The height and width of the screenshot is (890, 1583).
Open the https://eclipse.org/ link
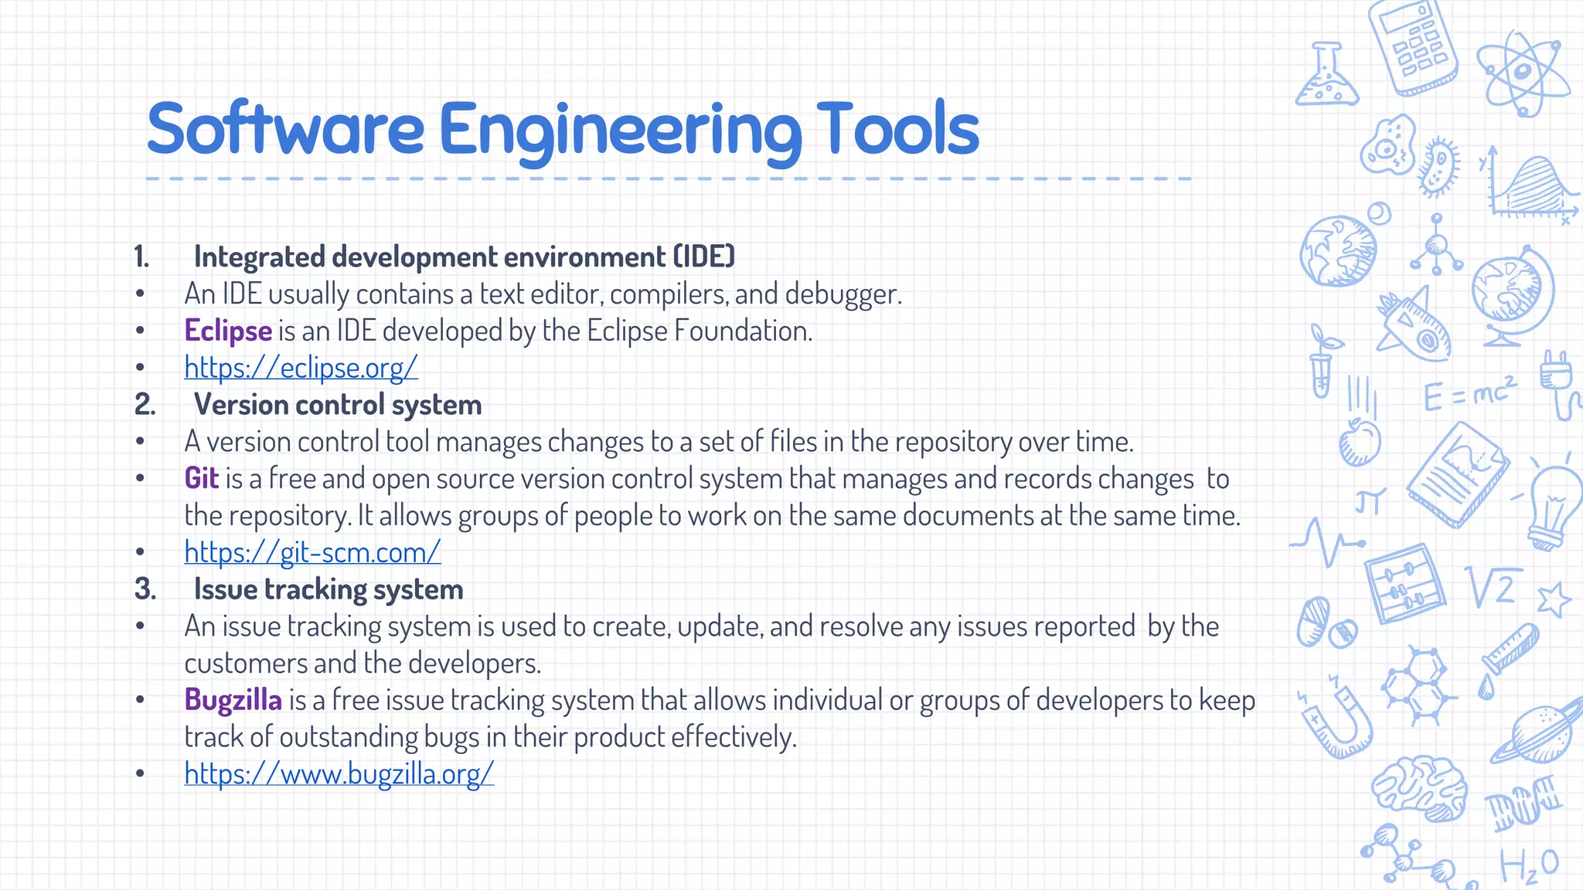[301, 368]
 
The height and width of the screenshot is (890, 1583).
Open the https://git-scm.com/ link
[312, 552]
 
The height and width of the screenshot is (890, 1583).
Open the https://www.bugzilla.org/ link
[339, 773]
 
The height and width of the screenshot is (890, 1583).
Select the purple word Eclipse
[228, 331]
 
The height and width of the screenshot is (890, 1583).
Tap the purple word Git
[202, 478]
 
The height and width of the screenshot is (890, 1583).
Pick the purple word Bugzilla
[233, 700]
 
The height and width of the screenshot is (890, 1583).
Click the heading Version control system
[338, 405]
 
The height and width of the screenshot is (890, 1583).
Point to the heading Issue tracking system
[329, 589]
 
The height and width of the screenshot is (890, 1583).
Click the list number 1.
[141, 256]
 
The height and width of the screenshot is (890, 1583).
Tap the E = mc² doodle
[1469, 394]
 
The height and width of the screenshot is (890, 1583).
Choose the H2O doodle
[1529, 865]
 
